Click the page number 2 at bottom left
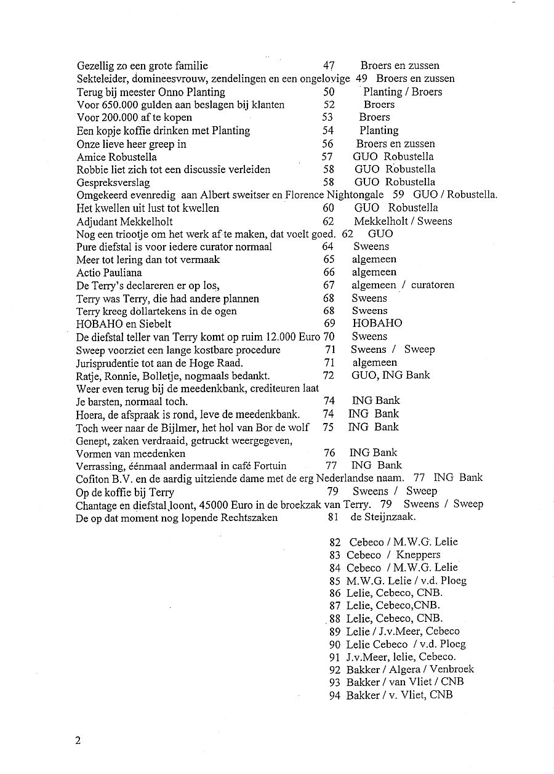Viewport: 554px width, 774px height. (78, 740)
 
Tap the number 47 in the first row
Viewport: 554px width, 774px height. (328, 66)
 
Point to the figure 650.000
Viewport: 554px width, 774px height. (119, 105)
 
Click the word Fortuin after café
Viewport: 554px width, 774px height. (267, 466)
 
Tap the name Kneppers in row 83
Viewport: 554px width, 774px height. (418, 555)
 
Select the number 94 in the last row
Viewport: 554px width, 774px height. (335, 695)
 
